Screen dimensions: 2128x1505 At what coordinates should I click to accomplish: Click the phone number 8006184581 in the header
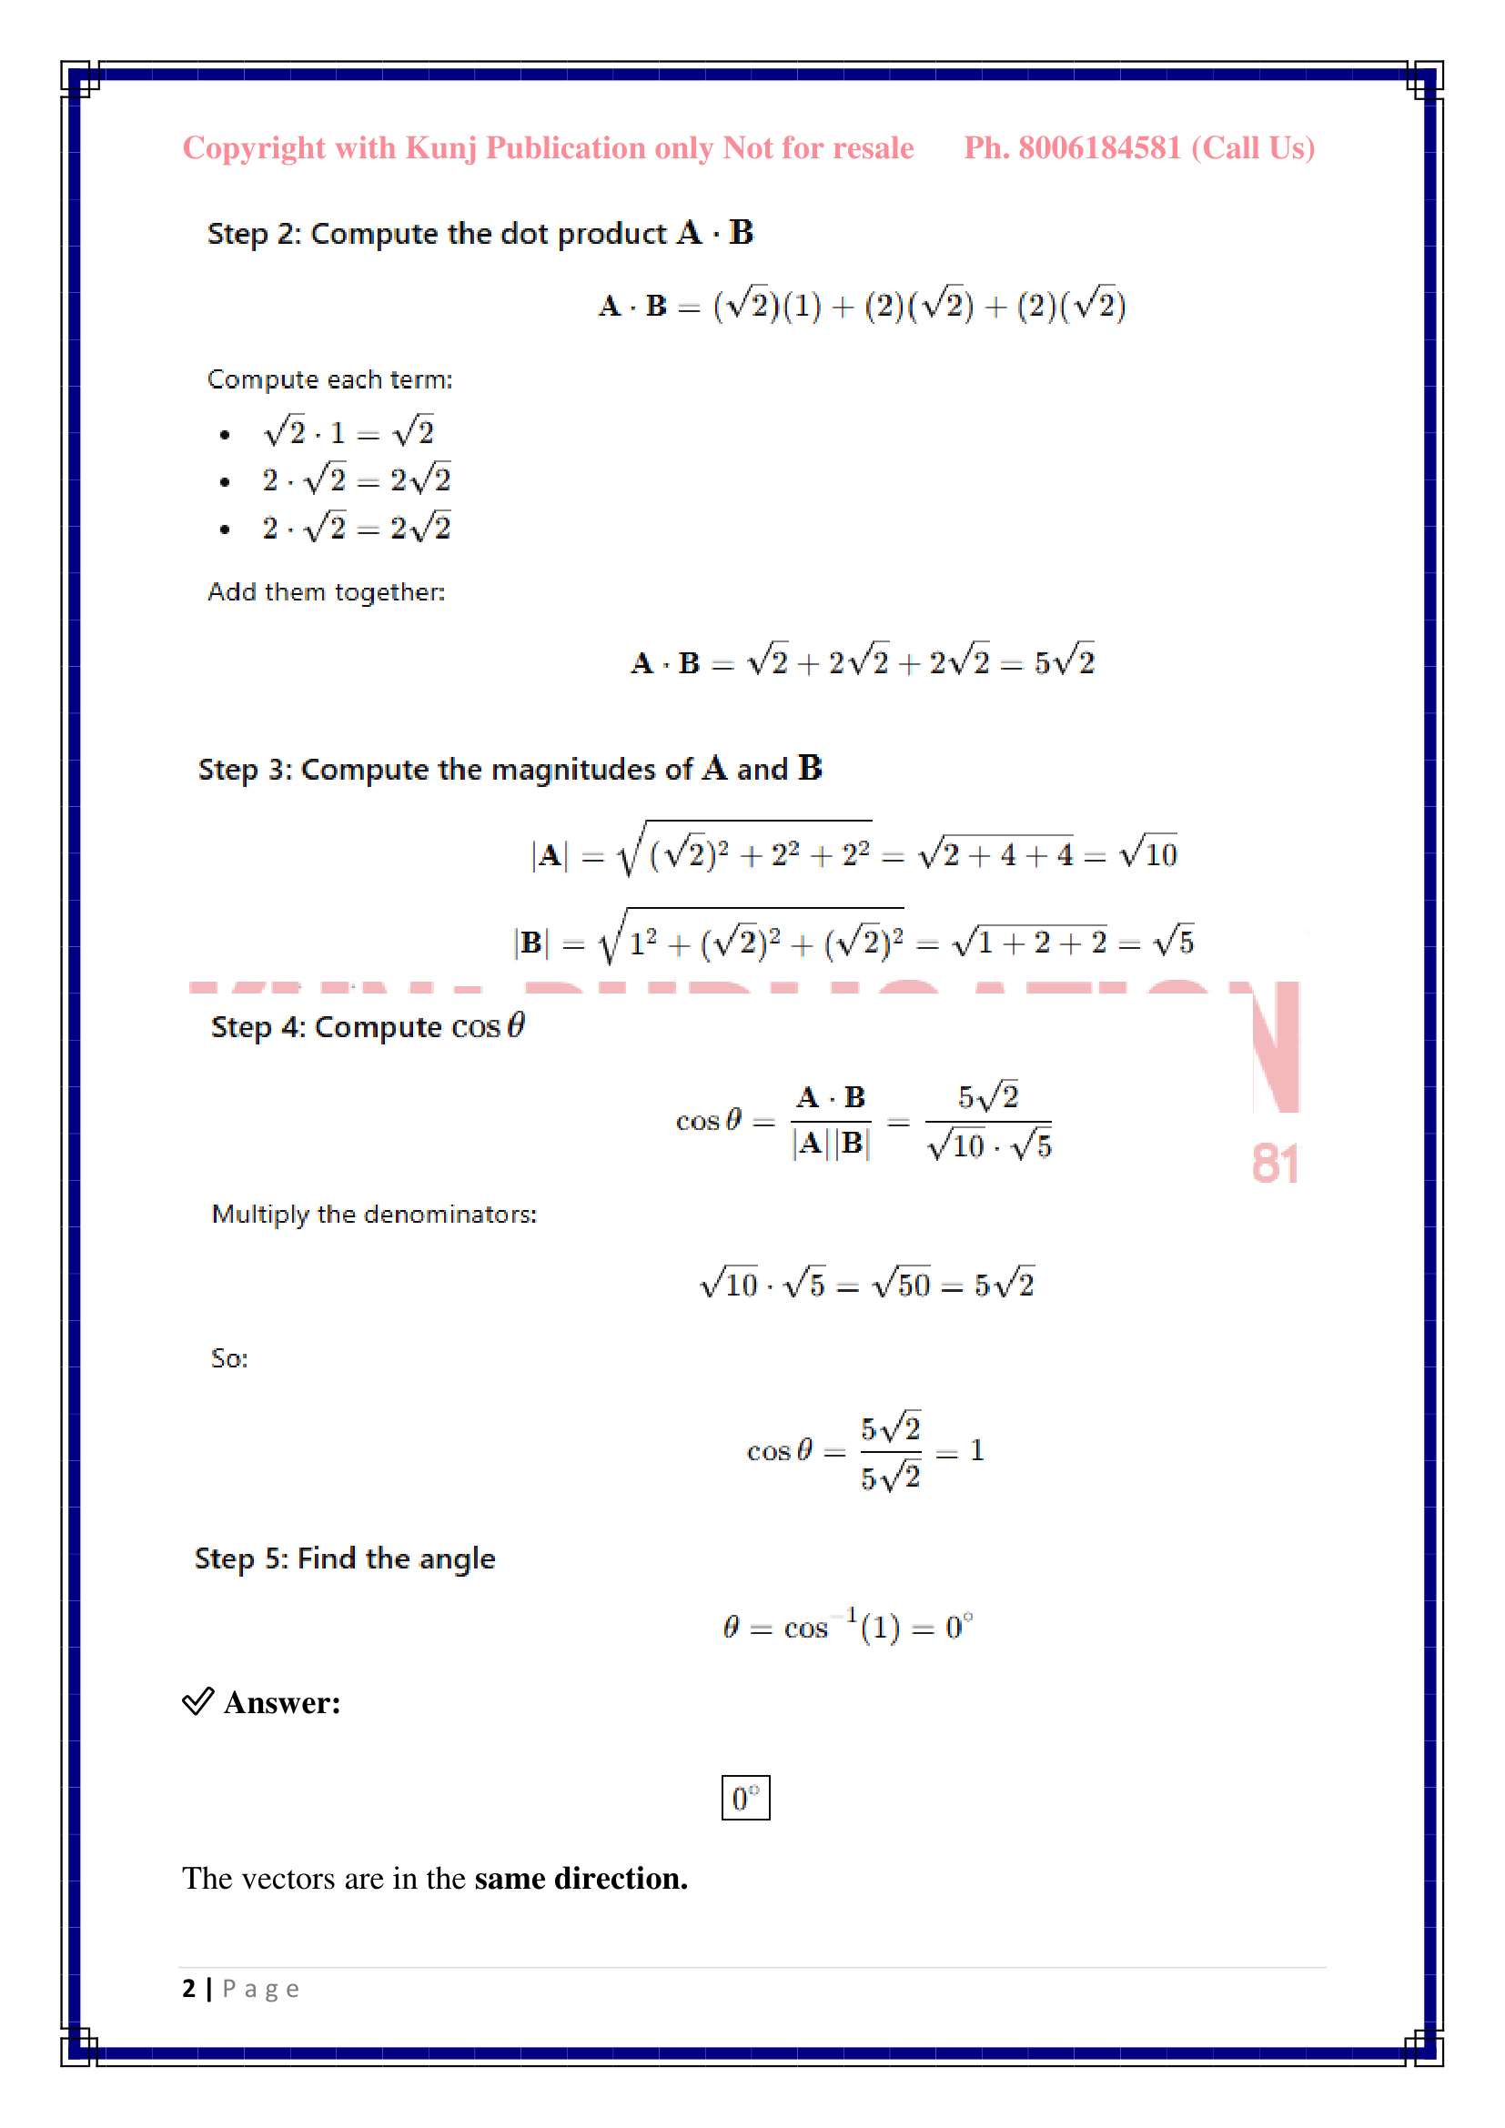tap(1099, 148)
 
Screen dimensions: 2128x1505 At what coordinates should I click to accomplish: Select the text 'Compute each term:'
tap(330, 380)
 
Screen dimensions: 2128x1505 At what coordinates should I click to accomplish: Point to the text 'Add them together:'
tap(327, 592)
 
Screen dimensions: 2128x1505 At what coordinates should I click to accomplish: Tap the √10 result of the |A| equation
tap(1148, 852)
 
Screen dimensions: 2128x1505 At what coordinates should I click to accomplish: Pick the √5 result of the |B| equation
tap(1173, 941)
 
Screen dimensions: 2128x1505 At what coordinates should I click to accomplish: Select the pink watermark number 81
tap(1275, 1165)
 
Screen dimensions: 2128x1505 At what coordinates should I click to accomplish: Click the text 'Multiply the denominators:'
tap(373, 1215)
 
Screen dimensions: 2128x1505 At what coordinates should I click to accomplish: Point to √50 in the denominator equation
tap(902, 1284)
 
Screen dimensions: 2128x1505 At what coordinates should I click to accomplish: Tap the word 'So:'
tap(229, 1358)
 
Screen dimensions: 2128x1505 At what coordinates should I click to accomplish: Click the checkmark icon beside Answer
tap(198, 1701)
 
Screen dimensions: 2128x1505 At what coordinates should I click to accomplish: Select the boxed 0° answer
tap(745, 1798)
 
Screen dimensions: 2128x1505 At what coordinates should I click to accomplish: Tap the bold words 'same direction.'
tap(581, 1878)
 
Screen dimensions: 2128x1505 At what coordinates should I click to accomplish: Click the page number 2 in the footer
tap(189, 1988)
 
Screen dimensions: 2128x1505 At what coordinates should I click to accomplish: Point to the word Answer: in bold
tap(282, 1703)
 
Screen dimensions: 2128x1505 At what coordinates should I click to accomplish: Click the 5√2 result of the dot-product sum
tap(1065, 661)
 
